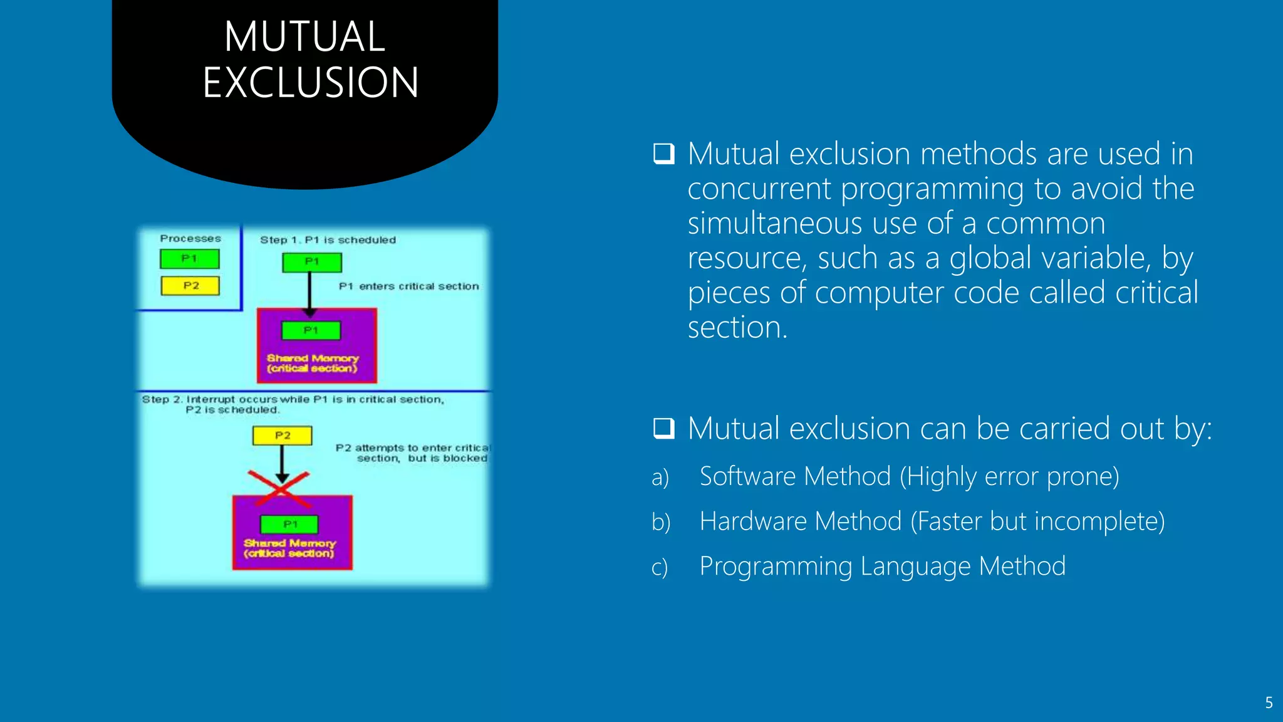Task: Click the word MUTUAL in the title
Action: click(304, 36)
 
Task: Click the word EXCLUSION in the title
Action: click(311, 83)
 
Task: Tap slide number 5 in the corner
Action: click(1269, 703)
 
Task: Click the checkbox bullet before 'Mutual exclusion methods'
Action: click(663, 154)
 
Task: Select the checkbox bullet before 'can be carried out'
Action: click(663, 429)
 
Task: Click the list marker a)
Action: click(660, 478)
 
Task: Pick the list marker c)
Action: click(660, 568)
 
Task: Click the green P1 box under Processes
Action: click(190, 259)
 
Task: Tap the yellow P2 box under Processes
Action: click(190, 286)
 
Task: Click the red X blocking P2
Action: click(279, 489)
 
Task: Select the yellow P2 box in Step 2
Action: click(283, 436)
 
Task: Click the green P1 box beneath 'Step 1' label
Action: click(312, 262)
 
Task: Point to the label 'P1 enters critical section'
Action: click(408, 286)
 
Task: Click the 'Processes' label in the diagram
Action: click(190, 239)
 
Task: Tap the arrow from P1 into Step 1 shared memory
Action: click(309, 292)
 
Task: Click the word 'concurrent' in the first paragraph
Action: click(759, 189)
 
